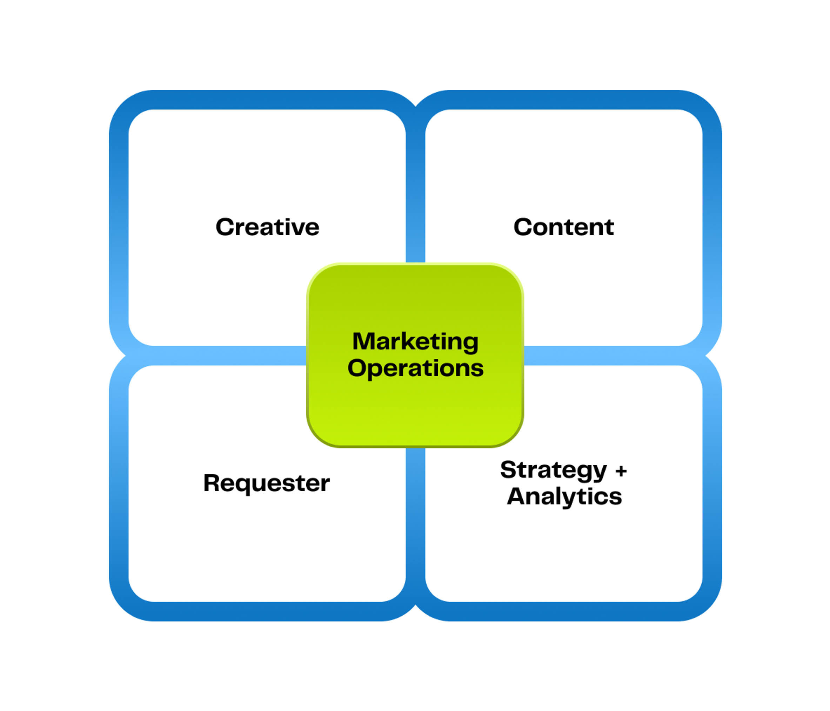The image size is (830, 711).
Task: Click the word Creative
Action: (x=267, y=228)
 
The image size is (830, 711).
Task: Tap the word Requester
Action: (x=266, y=483)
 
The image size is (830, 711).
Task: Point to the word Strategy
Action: (x=554, y=470)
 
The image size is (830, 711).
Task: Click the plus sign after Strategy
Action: (x=621, y=471)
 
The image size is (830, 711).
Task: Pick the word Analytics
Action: (x=564, y=496)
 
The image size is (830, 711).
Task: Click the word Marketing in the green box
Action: (x=415, y=341)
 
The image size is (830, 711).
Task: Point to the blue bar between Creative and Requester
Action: (x=216, y=355)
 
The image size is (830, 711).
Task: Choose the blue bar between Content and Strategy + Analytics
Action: (x=613, y=355)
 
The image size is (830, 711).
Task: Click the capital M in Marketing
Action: (x=363, y=341)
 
